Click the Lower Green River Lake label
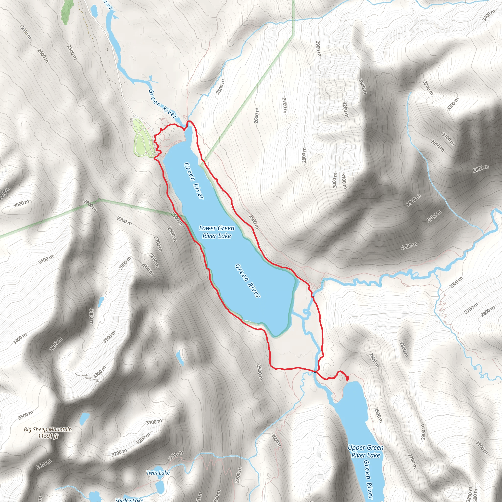[216, 232]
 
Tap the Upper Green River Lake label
[365, 451]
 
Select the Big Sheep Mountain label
[48, 429]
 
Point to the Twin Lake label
[158, 473]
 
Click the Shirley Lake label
[129, 499]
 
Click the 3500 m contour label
[26, 415]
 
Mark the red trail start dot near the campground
[161, 129]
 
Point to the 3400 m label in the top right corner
[489, 16]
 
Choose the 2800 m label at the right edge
[481, 169]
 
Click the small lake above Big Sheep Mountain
[84, 418]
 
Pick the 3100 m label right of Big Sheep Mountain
[154, 422]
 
